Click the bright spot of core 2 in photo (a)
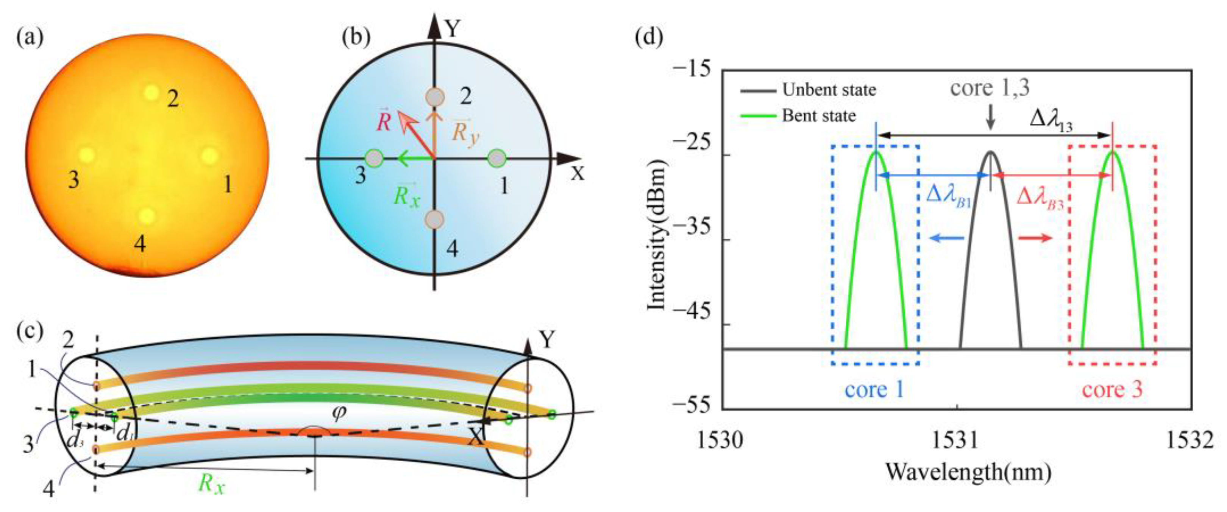point(151,92)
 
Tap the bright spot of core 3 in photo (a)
point(87,155)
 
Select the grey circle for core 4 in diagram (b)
point(434,219)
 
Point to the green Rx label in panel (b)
point(407,195)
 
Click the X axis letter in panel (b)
point(577,174)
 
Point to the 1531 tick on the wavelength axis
point(957,442)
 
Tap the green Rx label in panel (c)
point(211,484)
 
